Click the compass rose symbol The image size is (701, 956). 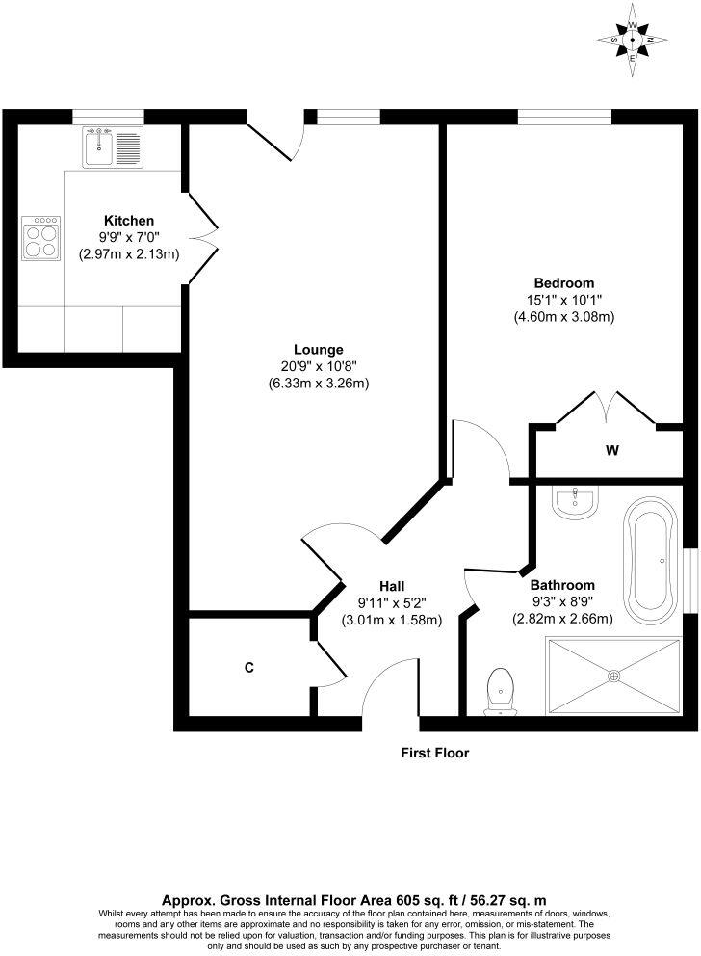pos(632,40)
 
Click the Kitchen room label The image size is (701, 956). pos(129,221)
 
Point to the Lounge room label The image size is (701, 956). pos(319,349)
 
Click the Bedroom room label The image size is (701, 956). pos(564,282)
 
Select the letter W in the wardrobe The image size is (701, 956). pos(611,449)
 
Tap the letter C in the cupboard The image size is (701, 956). pos(248,667)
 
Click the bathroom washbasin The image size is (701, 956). pos(575,499)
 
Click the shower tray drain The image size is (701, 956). pos(614,676)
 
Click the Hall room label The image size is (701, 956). pos(391,586)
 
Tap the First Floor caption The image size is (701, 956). pos(435,753)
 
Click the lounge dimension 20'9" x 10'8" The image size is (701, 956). pos(319,366)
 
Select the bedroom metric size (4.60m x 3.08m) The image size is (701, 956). pos(564,316)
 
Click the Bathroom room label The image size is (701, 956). pos(562,585)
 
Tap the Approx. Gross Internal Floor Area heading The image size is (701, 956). pos(351,897)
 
